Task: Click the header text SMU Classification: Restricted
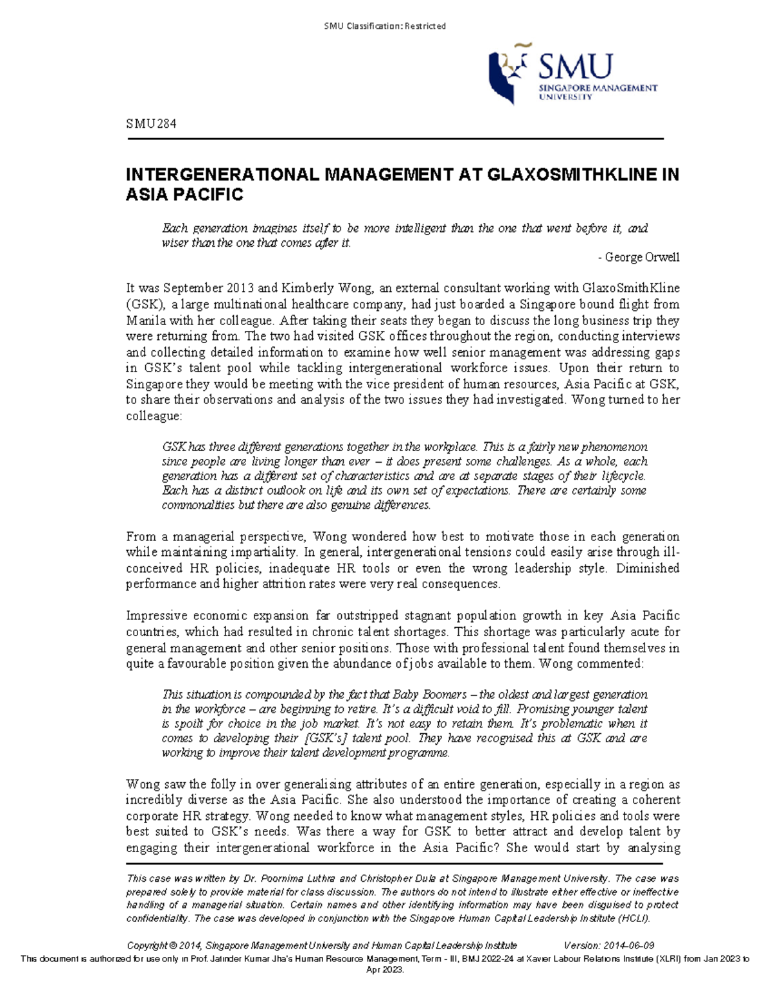[x=385, y=26]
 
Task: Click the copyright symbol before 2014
[x=172, y=945]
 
